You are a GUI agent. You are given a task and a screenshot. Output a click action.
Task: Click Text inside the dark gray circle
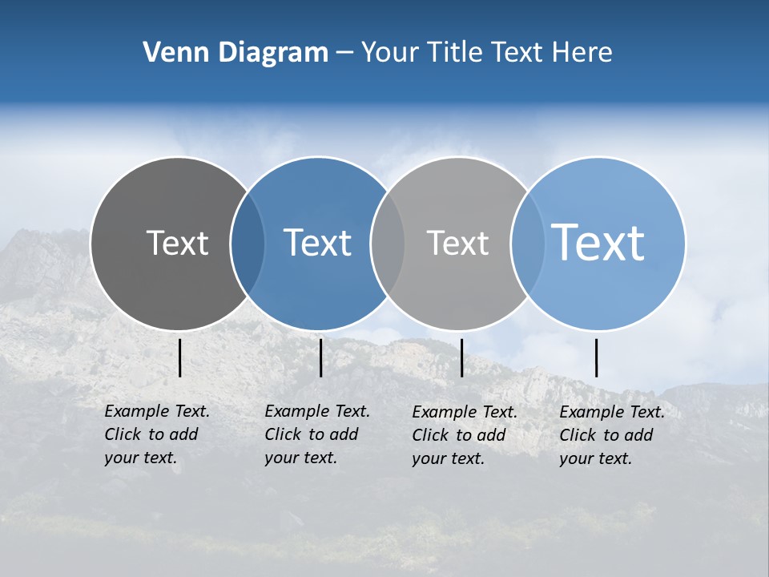pos(177,243)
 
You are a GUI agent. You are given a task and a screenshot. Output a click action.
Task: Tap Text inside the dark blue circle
pos(317,243)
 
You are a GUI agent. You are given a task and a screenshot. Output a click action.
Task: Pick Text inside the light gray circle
pos(457,243)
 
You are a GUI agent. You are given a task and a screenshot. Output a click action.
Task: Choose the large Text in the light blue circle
pos(598,242)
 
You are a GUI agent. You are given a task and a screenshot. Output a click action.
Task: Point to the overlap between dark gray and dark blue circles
pos(248,243)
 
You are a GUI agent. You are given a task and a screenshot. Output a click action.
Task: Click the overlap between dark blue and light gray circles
pos(388,243)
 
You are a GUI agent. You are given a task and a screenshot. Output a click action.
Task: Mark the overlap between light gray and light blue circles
pos(527,243)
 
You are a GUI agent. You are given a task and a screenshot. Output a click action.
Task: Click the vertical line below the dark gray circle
pos(179,357)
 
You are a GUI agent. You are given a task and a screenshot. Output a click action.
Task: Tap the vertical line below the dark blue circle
pos(320,357)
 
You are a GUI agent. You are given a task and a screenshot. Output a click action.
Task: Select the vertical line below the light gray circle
pos(461,357)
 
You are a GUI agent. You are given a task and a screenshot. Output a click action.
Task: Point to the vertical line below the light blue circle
pos(596,357)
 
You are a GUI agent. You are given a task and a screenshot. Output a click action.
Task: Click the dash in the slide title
pos(344,54)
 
